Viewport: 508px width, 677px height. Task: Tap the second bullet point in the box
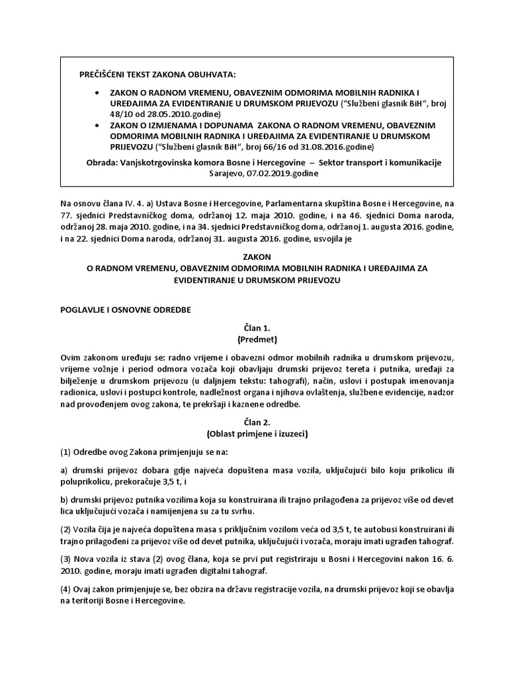(x=99, y=125)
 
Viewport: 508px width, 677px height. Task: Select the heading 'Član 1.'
(x=253, y=327)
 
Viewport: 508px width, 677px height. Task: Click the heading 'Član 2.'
(x=253, y=422)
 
